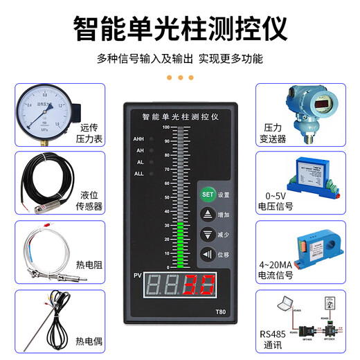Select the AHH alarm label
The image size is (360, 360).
(x=138, y=139)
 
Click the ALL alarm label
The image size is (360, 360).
(x=138, y=173)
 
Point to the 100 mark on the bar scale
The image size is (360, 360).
(x=165, y=127)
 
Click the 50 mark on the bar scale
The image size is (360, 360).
(x=166, y=197)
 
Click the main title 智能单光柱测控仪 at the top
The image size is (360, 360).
(x=180, y=29)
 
